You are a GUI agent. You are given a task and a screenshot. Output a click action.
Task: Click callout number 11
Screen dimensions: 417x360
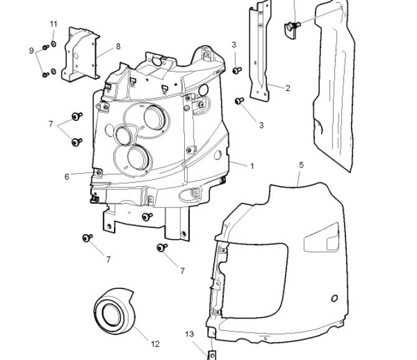tap(54, 24)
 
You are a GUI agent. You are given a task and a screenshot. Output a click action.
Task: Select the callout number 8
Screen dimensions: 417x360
tap(118, 47)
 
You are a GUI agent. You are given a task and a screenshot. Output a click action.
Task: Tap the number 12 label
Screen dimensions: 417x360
tap(156, 344)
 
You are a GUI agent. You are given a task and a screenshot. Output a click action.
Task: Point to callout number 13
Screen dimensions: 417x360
tap(190, 334)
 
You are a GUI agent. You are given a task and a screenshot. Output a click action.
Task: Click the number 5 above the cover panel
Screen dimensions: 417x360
tap(301, 165)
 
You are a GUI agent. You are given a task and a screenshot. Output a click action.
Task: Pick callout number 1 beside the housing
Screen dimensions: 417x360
tap(252, 166)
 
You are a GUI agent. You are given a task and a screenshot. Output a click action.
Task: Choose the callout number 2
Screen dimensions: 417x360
tap(288, 88)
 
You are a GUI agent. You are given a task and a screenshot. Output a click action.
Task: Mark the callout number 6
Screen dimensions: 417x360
tap(67, 177)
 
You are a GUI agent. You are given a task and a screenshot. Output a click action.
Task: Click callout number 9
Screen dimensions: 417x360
tap(31, 50)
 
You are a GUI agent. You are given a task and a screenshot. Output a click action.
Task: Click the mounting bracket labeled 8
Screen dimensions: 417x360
tap(80, 54)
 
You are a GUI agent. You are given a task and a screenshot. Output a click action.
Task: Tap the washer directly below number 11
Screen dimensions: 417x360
tap(54, 44)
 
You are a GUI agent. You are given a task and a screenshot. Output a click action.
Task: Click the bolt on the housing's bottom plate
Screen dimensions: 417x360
tap(147, 216)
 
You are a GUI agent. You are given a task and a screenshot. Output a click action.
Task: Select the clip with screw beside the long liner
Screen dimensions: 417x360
tap(292, 29)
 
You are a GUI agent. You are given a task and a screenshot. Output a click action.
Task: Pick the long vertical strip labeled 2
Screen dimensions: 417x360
tap(260, 51)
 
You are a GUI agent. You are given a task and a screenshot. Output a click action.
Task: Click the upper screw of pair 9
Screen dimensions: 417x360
tap(45, 47)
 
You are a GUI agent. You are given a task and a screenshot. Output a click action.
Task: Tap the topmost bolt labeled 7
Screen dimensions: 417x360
tap(77, 116)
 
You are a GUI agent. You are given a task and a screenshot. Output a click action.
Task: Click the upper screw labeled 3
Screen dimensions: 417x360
tap(237, 70)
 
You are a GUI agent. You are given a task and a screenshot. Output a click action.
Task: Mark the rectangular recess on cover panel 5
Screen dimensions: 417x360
tap(322, 237)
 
